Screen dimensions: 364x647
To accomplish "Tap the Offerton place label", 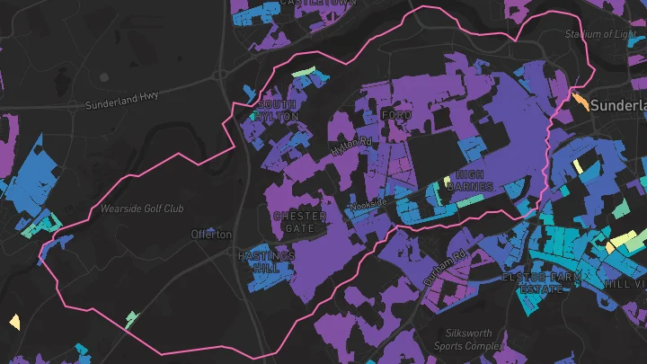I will (211, 235).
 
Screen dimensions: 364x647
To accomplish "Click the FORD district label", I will (395, 117).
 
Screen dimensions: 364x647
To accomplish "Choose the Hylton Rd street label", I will (350, 145).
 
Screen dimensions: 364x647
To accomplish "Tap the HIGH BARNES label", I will (474, 181).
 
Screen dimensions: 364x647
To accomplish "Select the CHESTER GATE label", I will (299, 222).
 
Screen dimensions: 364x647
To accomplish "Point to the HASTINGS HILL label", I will (266, 262).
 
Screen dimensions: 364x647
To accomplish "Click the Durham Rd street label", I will (447, 268).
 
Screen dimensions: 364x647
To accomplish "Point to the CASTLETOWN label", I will (318, 4).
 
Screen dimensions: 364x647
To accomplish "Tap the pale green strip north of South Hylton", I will (304, 72).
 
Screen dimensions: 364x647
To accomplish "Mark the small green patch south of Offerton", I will (132, 317).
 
